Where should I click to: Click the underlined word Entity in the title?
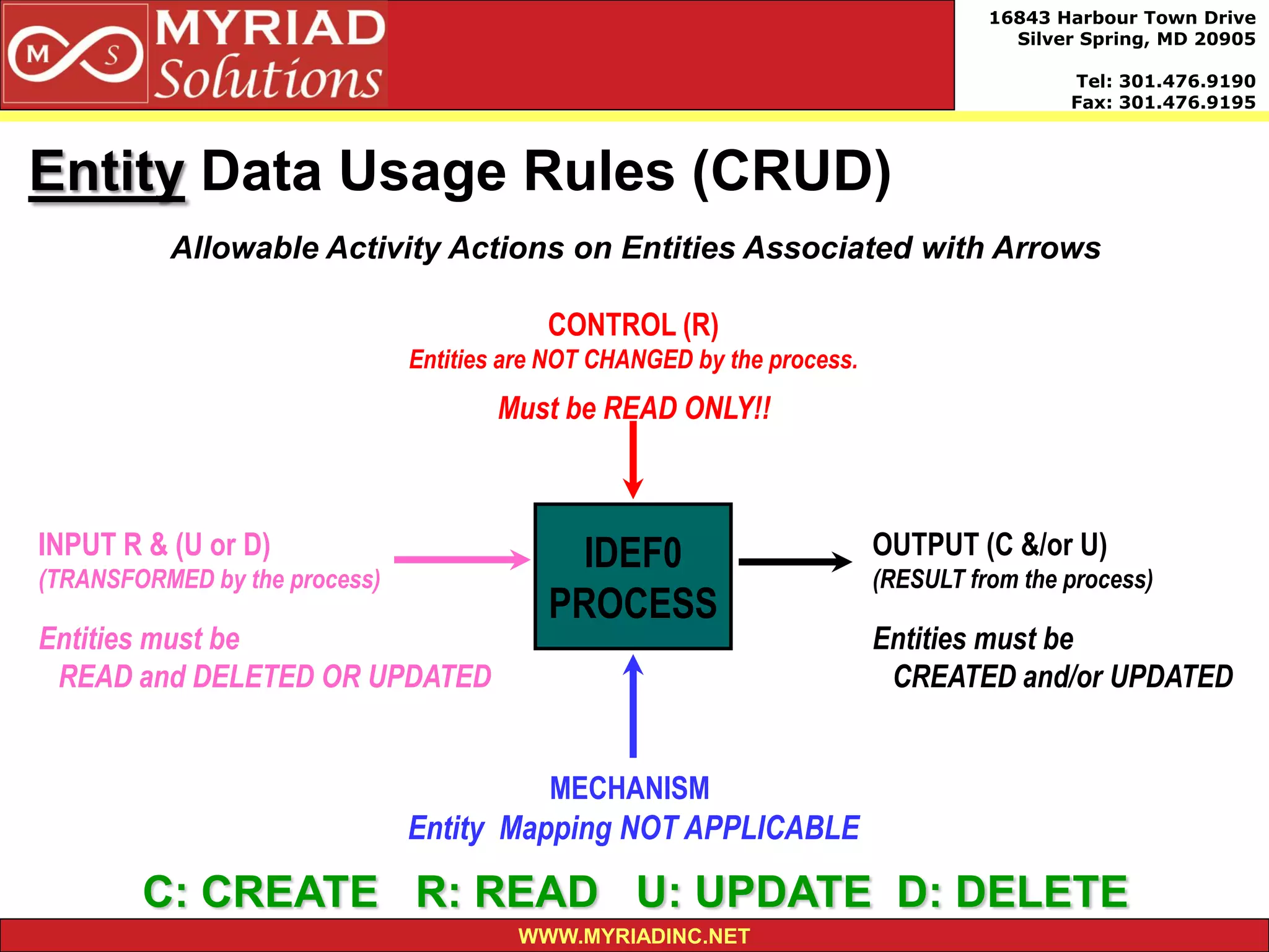pyautogui.click(x=107, y=172)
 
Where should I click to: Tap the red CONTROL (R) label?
pyautogui.click(x=633, y=325)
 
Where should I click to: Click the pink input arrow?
pyautogui.click(x=462, y=559)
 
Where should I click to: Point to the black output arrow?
pyautogui.click(x=795, y=562)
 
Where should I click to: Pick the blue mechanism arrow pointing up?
pyautogui.click(x=633, y=707)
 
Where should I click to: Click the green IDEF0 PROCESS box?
pyautogui.click(x=633, y=576)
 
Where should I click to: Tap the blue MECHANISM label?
pyautogui.click(x=630, y=788)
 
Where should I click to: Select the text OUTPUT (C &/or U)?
pyautogui.click(x=989, y=545)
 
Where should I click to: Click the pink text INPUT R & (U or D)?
pyautogui.click(x=154, y=545)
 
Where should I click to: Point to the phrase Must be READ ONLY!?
pyautogui.click(x=634, y=408)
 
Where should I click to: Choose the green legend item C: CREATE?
pyautogui.click(x=260, y=891)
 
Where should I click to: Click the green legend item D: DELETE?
pyautogui.click(x=1012, y=891)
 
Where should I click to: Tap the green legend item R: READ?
pyautogui.click(x=507, y=891)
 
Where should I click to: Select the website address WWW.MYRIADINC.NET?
pyautogui.click(x=634, y=936)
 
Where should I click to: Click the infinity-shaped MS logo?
pyautogui.click(x=75, y=55)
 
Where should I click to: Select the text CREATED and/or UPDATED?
pyautogui.click(x=1063, y=676)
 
